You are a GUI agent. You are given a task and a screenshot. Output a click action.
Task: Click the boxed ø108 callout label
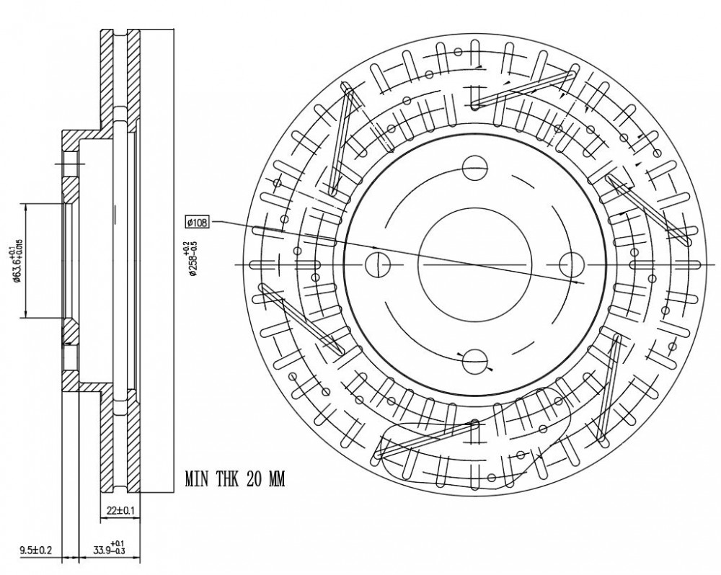coord(198,223)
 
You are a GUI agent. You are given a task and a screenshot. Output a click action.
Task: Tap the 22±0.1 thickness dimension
coord(120,510)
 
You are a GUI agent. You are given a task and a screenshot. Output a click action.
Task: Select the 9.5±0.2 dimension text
coord(36,550)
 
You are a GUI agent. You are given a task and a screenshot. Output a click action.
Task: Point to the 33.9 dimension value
coord(101,550)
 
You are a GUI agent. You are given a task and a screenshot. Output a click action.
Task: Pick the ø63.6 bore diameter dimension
coord(17,260)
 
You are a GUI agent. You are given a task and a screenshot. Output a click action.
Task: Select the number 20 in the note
coord(255,479)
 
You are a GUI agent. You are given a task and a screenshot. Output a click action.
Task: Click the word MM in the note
coord(276,479)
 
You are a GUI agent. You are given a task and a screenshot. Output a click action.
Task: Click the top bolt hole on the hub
coord(474,168)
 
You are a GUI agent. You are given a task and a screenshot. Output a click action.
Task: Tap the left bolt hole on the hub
coord(378,265)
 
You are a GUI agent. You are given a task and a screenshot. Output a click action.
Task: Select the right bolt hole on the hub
coord(572,265)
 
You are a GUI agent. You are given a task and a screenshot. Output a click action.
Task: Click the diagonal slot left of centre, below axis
coord(302,319)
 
